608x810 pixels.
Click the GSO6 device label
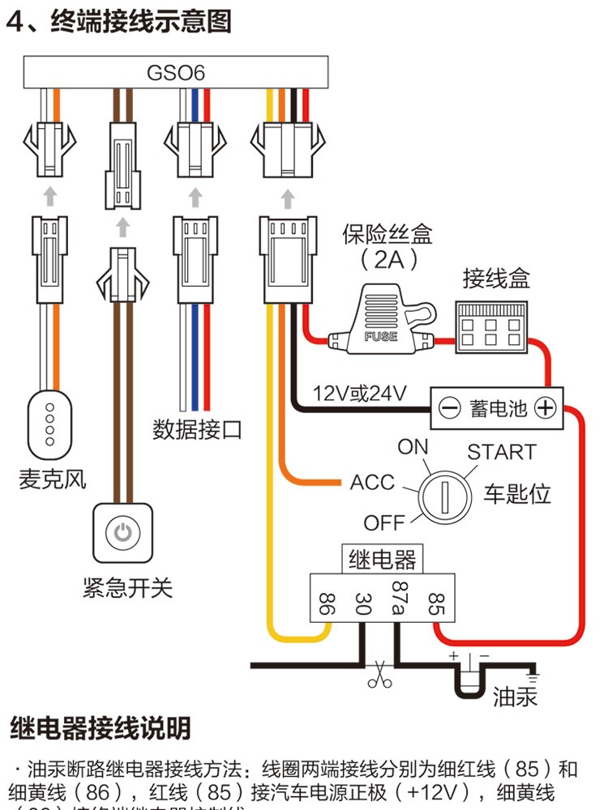click(175, 73)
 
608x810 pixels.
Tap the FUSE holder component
click(380, 325)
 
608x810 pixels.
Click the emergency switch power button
click(122, 532)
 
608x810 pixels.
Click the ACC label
click(371, 483)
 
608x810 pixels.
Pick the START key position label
click(501, 451)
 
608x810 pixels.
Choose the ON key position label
click(413, 446)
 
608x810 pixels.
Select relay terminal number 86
click(327, 603)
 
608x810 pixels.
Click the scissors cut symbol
click(378, 676)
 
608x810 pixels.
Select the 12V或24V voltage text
click(359, 394)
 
